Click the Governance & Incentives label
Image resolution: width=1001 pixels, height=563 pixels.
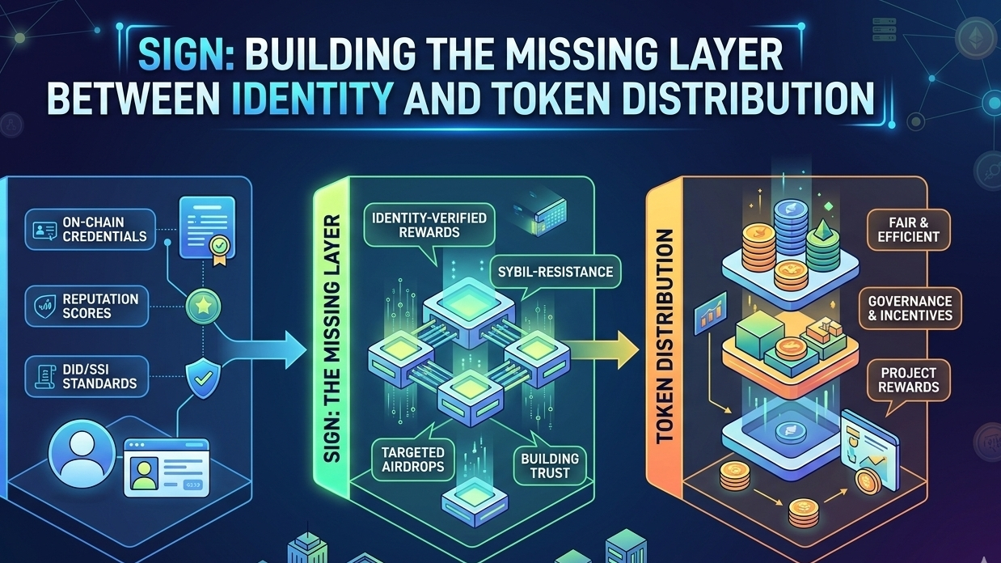coord(910,307)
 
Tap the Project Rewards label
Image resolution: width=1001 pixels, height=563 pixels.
coord(908,379)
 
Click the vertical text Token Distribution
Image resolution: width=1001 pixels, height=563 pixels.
coord(665,337)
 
